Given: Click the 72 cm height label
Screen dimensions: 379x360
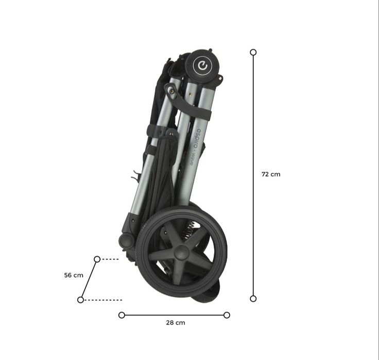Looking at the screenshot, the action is (x=271, y=174).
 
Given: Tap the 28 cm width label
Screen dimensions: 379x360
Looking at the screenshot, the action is (x=176, y=322).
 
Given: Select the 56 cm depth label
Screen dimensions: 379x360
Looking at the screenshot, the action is (x=74, y=275).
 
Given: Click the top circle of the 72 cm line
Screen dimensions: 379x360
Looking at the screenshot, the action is (x=253, y=52).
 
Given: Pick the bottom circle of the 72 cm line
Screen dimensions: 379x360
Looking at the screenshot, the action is (x=253, y=299).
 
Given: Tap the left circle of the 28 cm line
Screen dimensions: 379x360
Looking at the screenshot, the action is (x=122, y=315).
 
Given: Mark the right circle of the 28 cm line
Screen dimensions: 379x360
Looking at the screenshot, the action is (x=227, y=315).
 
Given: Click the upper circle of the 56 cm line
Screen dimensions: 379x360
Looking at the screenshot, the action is (x=97, y=259).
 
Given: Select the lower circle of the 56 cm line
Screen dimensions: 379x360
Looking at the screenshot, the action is (x=80, y=300).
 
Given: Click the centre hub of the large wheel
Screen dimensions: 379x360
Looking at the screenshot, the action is (x=181, y=252).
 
